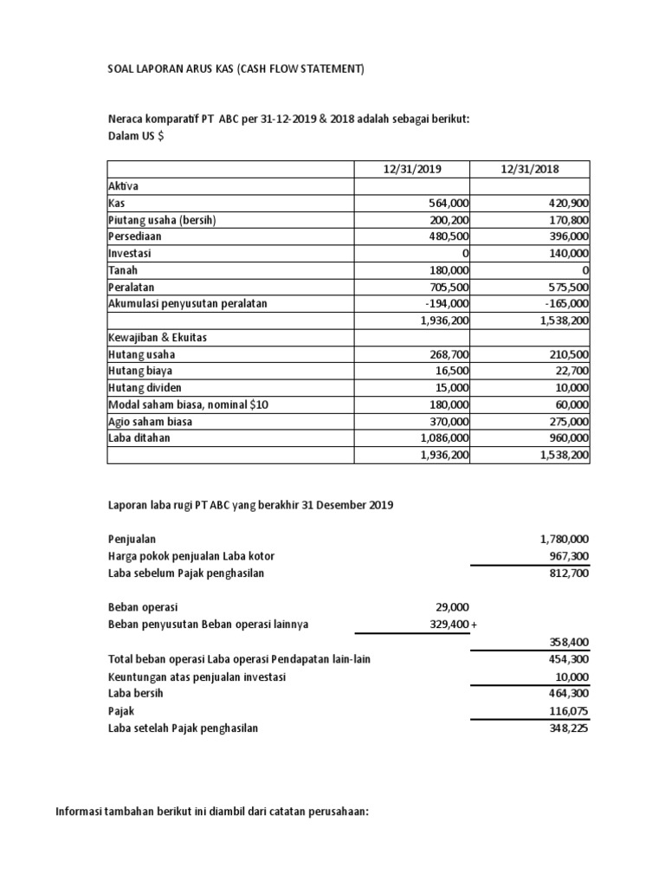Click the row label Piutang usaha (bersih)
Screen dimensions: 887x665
[x=161, y=220]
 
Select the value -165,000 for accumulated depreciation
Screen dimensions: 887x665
[x=565, y=304]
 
